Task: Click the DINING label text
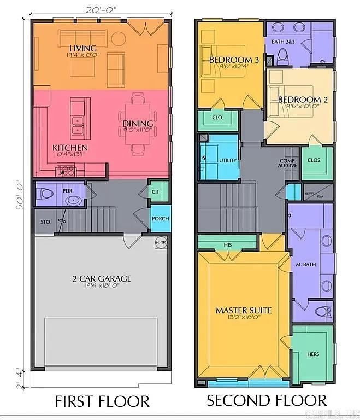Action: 133,124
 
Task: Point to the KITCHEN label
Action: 69,148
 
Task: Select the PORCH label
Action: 161,219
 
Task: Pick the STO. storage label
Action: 45,223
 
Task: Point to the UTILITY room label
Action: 227,160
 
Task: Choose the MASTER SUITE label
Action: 243,311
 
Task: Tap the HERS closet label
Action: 313,354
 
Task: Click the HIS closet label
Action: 228,244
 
